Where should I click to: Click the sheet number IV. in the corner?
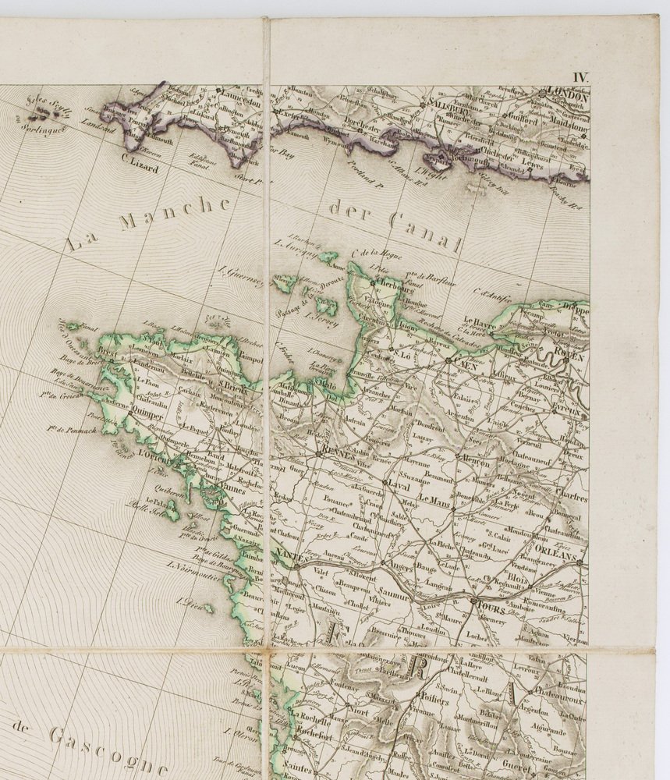coord(581,76)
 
